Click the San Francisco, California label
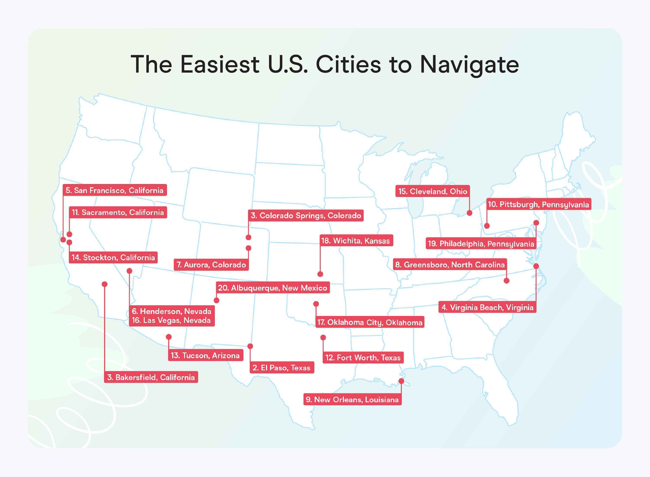115,190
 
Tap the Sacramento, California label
118,213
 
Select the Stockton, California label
113,257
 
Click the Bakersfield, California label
151,377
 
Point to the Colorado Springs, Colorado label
306,216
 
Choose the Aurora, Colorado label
211,265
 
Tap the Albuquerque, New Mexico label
273,288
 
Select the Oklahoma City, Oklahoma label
370,322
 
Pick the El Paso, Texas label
282,368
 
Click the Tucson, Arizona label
205,355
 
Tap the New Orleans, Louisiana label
352,400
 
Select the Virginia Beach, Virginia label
488,308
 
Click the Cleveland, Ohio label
433,191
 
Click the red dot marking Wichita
320,274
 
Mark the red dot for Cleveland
469,213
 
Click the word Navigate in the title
469,65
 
